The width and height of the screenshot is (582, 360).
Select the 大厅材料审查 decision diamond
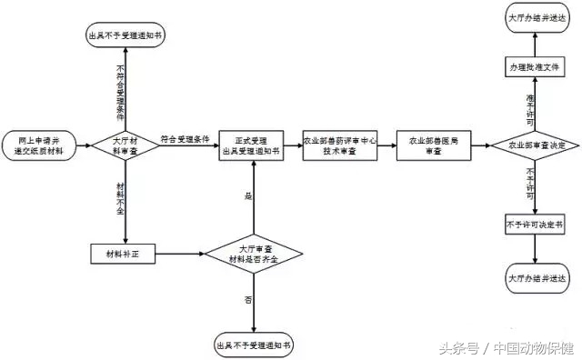coord(125,145)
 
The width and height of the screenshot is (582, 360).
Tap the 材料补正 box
coord(125,252)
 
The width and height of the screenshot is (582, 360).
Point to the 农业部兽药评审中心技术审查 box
coord(339,145)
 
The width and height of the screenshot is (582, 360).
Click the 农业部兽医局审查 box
coord(433,145)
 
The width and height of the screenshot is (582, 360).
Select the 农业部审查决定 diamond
coord(537,145)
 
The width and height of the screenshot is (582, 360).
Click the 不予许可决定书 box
coord(537,225)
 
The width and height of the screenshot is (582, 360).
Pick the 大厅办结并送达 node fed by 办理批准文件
coord(537,20)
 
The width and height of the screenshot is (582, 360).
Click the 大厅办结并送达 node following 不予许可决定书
coord(537,278)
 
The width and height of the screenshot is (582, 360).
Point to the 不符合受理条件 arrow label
coord(120,91)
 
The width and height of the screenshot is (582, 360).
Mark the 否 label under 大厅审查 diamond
coord(247,299)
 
